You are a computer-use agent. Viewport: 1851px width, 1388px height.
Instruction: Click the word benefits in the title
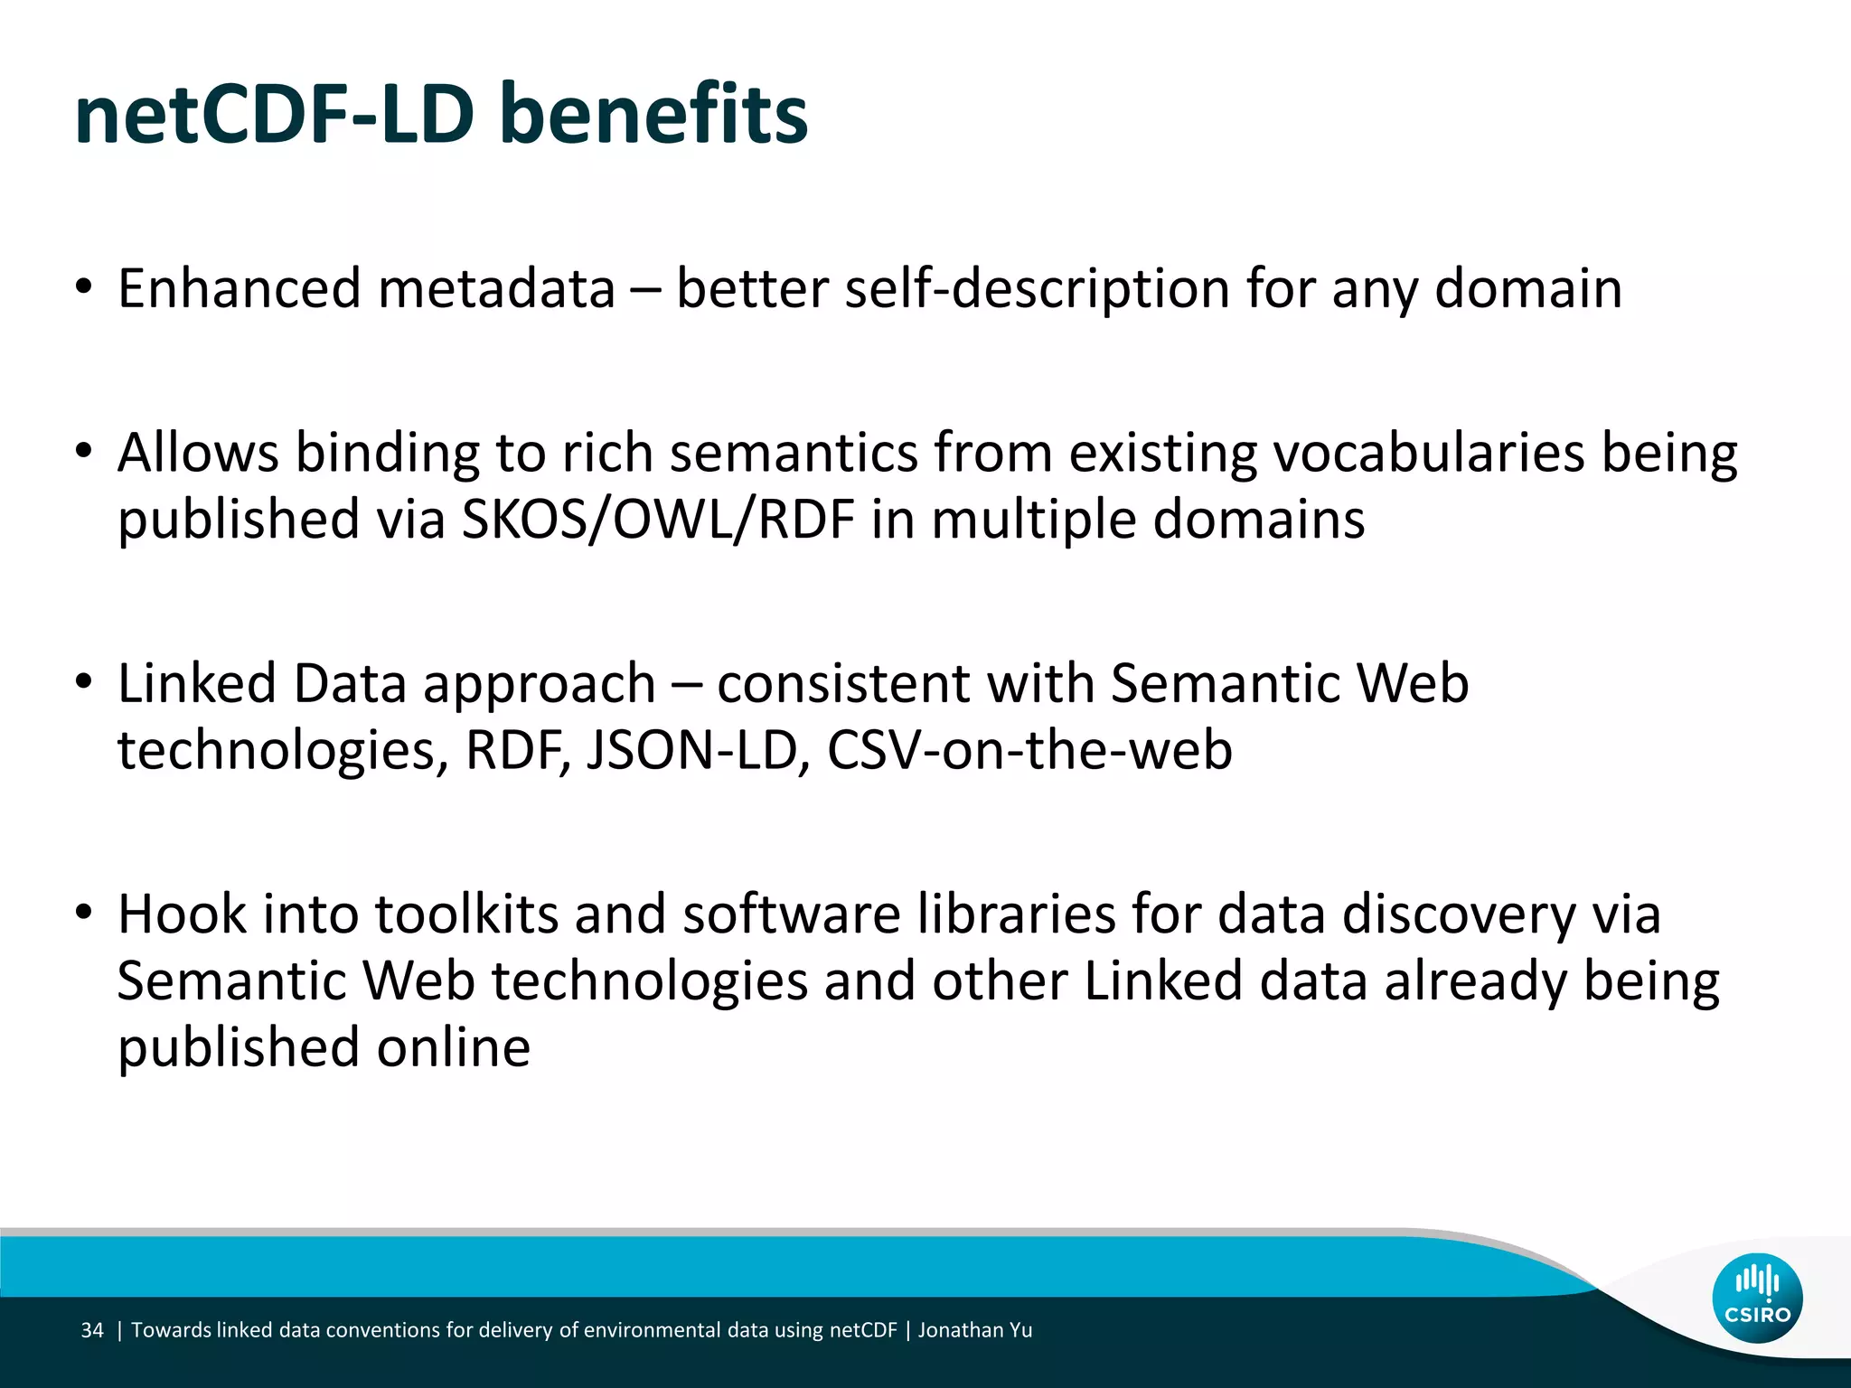pyautogui.click(x=653, y=115)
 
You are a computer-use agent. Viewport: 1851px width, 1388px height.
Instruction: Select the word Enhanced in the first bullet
pyautogui.click(x=240, y=289)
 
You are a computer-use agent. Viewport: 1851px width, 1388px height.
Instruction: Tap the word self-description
pyautogui.click(x=1037, y=289)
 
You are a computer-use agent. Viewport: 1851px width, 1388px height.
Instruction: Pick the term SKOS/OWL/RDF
pyautogui.click(x=658, y=520)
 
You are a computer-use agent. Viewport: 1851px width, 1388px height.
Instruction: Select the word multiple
pyautogui.click(x=1026, y=520)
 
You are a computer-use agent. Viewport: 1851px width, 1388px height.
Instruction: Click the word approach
pyautogui.click(x=539, y=683)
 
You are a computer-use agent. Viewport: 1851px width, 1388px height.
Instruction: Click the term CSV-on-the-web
pyautogui.click(x=1029, y=750)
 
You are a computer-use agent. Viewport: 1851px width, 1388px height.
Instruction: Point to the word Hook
pyautogui.click(x=182, y=914)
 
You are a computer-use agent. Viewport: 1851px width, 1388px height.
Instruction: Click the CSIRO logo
pyautogui.click(x=1757, y=1298)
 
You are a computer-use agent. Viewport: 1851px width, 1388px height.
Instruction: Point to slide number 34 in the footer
pyautogui.click(x=92, y=1330)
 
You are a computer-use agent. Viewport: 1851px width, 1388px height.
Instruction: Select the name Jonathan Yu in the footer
pyautogui.click(x=975, y=1330)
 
